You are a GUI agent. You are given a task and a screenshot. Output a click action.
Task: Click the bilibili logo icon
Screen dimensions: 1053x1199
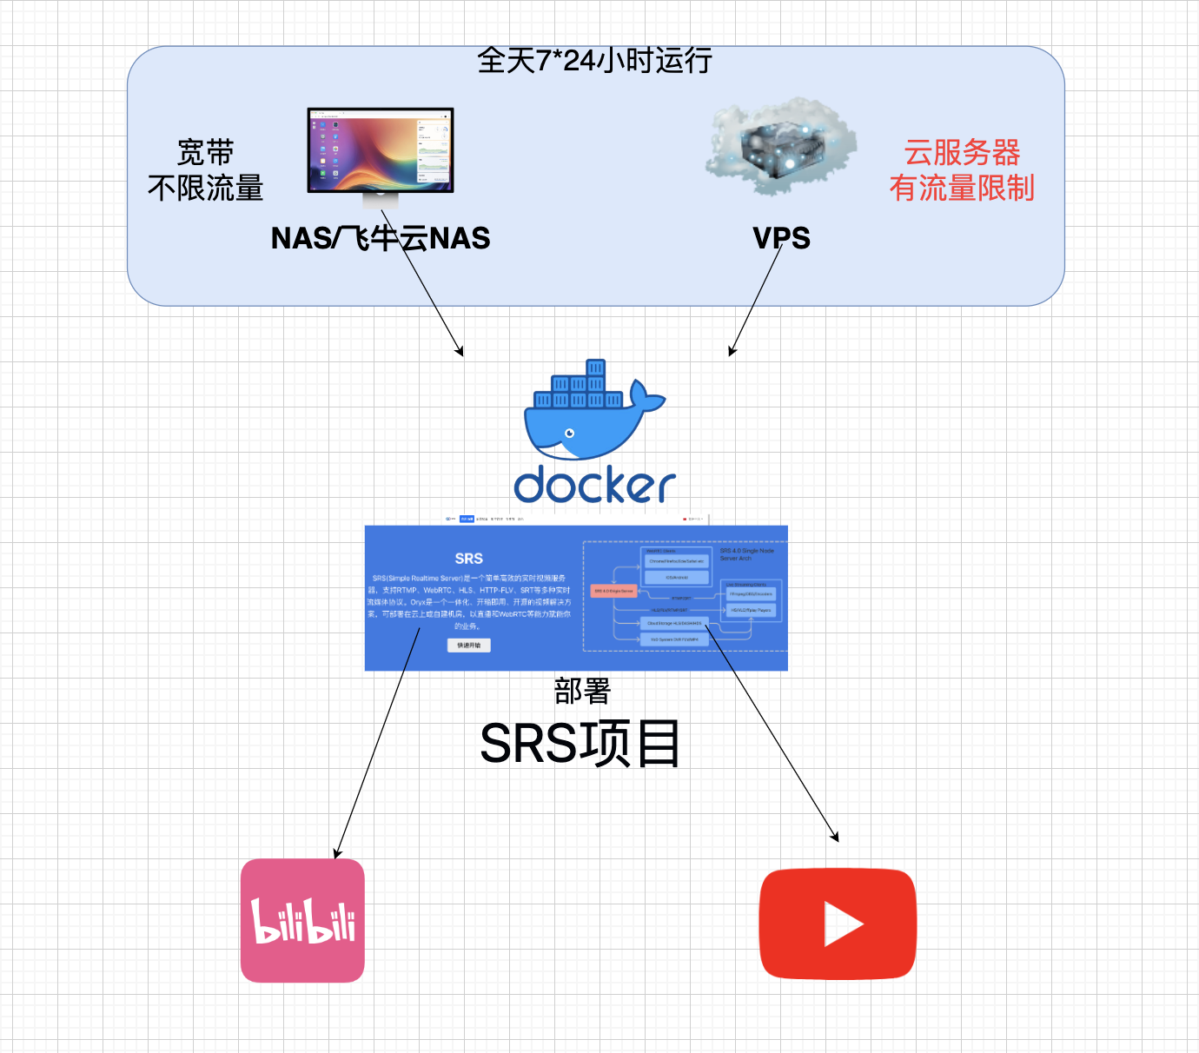[302, 921]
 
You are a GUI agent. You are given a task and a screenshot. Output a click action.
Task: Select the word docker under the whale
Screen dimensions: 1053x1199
[594, 486]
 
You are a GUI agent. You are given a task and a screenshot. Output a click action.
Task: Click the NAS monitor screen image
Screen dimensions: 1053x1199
[381, 150]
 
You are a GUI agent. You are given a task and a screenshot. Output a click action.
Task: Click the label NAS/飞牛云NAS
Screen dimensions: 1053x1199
[381, 238]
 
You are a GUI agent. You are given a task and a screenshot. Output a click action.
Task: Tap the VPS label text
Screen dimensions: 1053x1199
[781, 238]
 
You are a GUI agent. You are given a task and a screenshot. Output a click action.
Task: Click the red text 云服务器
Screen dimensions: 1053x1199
[962, 153]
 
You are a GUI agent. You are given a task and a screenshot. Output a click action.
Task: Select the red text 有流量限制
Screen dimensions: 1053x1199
[962, 188]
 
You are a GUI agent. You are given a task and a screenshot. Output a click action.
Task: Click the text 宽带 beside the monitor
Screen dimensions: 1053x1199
[206, 153]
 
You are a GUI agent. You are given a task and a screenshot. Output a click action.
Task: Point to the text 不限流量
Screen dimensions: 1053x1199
[206, 188]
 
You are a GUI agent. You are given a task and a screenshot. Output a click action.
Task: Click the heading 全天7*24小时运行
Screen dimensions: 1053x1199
[595, 61]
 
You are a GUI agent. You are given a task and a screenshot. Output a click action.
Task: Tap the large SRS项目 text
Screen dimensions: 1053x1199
[580, 744]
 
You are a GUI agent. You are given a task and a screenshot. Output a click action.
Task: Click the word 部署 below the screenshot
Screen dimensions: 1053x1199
[582, 692]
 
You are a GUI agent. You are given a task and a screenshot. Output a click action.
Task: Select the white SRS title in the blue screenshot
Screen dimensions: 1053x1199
[468, 559]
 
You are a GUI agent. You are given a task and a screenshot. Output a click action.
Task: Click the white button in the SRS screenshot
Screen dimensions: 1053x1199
[469, 645]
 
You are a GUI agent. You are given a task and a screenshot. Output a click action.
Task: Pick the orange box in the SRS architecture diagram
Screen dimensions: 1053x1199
[613, 591]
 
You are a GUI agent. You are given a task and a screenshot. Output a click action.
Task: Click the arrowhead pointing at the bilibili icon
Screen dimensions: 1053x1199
[337, 854]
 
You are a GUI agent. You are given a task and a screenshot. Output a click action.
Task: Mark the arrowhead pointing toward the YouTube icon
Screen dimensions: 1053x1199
[836, 838]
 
